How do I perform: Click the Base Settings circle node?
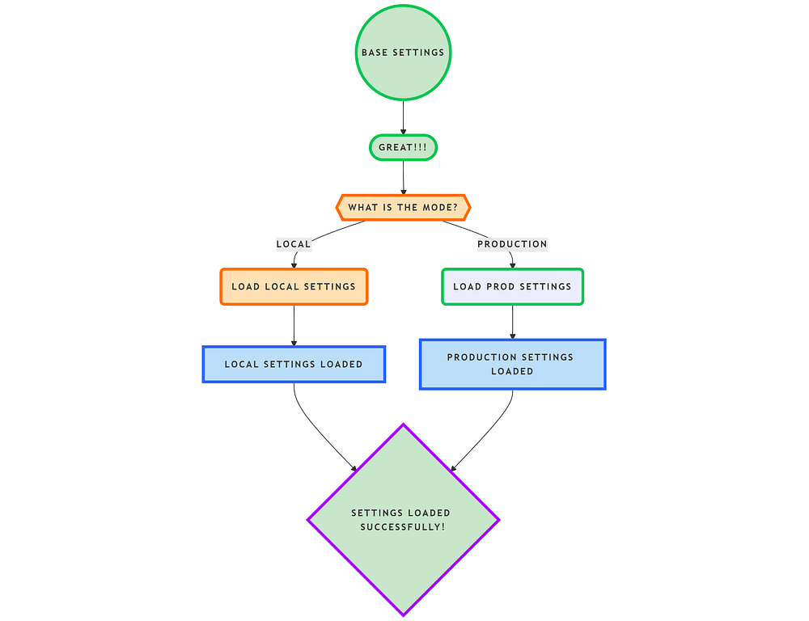pyautogui.click(x=403, y=53)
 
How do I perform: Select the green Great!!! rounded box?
pyautogui.click(x=403, y=148)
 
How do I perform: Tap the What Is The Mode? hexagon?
pyautogui.click(x=403, y=207)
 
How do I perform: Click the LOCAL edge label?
pyautogui.click(x=294, y=243)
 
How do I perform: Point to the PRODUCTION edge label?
pyautogui.click(x=512, y=243)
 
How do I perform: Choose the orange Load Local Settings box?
pyautogui.click(x=294, y=286)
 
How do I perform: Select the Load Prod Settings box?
pyautogui.click(x=512, y=286)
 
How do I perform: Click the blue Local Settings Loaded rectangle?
pyautogui.click(x=294, y=364)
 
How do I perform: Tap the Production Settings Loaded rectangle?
pyautogui.click(x=512, y=364)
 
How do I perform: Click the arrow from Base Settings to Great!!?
pyautogui.click(x=403, y=117)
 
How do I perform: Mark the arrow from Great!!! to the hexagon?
pyautogui.click(x=403, y=176)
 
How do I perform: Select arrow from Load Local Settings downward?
pyautogui.click(x=294, y=325)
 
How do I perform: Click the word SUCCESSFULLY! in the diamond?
pyautogui.click(x=402, y=527)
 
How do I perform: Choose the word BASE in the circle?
pyautogui.click(x=375, y=53)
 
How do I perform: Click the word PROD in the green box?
pyautogui.click(x=499, y=286)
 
